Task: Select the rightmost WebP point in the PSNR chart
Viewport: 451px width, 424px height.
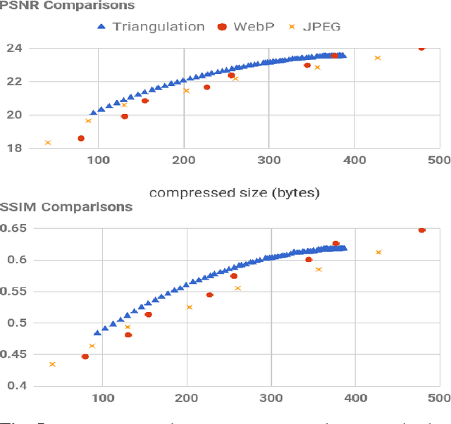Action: point(421,47)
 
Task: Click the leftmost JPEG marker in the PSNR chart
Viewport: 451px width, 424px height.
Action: point(48,142)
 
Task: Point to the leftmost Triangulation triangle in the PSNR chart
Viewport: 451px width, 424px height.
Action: point(93,112)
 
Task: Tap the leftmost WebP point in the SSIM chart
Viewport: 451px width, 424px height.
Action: point(85,356)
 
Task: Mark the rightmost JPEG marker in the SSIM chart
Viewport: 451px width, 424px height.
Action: point(378,252)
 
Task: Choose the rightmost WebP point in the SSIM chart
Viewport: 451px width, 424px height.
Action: point(422,230)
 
